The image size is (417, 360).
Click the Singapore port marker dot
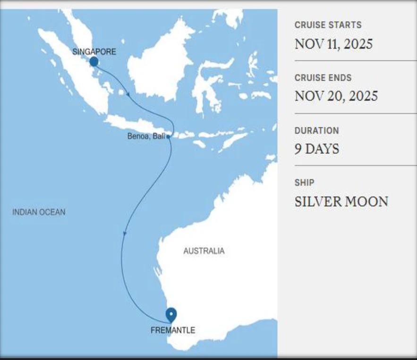click(94, 61)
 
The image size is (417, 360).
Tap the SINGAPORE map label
click(94, 51)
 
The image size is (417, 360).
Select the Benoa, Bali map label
click(146, 137)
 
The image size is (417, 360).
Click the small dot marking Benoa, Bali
click(168, 137)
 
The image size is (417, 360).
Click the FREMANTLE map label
click(172, 330)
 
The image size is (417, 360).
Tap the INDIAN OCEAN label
click(39, 212)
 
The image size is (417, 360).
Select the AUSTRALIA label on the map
click(204, 251)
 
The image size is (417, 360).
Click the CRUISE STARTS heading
click(328, 25)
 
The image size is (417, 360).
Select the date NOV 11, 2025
click(333, 44)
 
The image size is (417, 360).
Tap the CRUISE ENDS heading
click(323, 78)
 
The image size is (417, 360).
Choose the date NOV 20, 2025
click(336, 96)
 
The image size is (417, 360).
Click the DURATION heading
click(316, 131)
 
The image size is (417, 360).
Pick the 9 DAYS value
click(317, 149)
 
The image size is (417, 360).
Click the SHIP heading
click(304, 183)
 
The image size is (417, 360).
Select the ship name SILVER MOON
click(341, 201)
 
